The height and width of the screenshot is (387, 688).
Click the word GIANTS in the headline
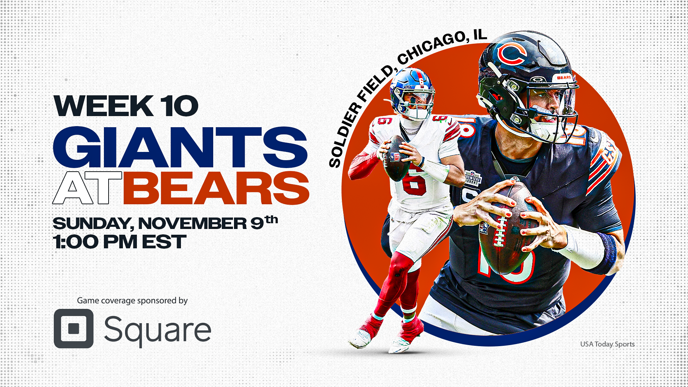coord(180,147)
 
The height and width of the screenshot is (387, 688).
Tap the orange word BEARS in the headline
coord(216,188)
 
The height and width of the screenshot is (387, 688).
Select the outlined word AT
coord(87,188)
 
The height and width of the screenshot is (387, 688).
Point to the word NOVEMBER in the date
coord(192,223)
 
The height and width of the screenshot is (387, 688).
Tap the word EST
coord(164,242)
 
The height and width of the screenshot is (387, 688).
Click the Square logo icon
coord(73,328)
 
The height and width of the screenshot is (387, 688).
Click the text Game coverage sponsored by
coord(132,300)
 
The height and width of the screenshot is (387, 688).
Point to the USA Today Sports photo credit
coord(607,344)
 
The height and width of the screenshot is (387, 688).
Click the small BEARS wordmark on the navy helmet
coord(564,77)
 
